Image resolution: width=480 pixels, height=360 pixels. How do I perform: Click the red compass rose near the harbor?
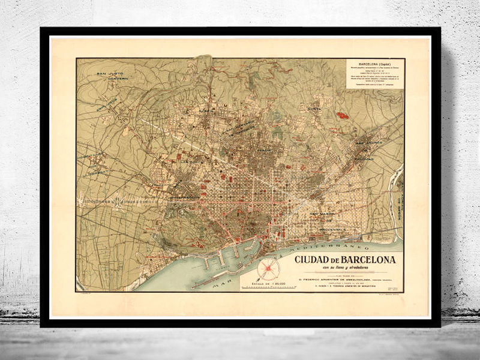point(268,269)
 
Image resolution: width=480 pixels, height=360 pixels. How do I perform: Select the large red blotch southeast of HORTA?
point(342,115)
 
